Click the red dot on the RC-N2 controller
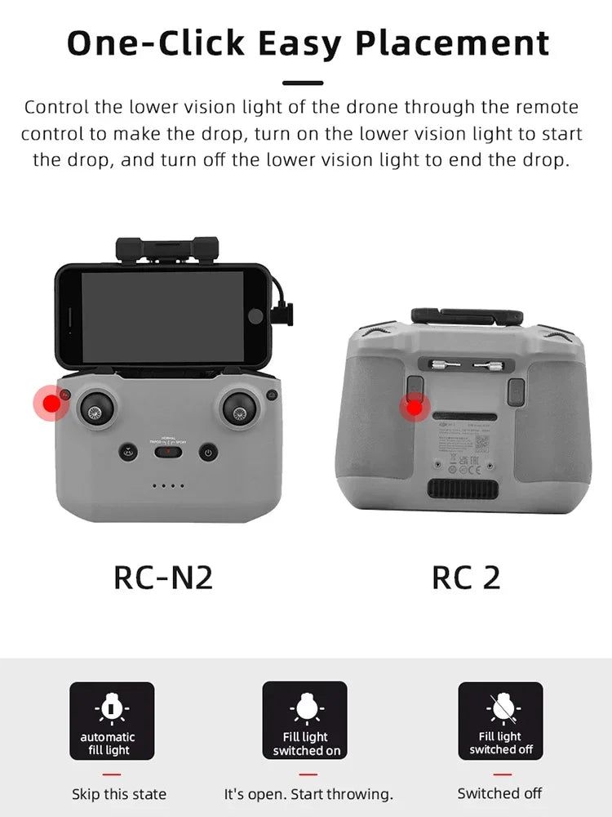point(51,404)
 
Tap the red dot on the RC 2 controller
point(415,406)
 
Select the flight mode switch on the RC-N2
point(168,451)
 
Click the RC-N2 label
point(163,577)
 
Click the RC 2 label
point(466,577)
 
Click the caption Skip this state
point(119,793)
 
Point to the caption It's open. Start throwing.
point(308,793)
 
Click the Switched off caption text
point(499,793)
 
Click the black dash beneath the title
point(303,82)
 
